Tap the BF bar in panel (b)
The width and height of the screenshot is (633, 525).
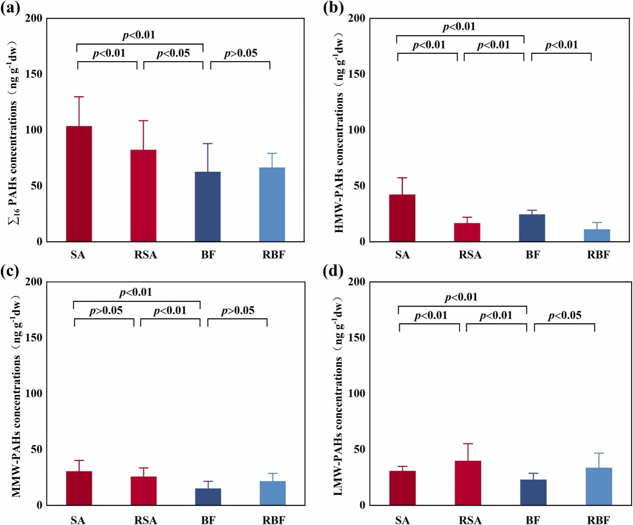(x=532, y=228)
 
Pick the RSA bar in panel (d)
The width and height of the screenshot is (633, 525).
(x=468, y=483)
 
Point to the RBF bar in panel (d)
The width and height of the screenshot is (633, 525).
(x=599, y=486)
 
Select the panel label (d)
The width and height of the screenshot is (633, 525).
(x=333, y=271)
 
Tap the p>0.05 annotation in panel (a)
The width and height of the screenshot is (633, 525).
(x=241, y=53)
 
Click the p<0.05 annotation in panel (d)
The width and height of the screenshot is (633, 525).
(x=565, y=315)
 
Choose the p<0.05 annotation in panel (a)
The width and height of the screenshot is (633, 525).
(x=173, y=53)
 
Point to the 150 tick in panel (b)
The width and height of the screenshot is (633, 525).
(x=356, y=74)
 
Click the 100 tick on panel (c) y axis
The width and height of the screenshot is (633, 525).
(x=34, y=393)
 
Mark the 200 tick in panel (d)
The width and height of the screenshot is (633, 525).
(x=356, y=282)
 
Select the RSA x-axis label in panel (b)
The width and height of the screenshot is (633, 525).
(x=470, y=255)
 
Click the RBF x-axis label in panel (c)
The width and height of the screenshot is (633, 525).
(x=274, y=520)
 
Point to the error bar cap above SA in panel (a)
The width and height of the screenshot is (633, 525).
(x=79, y=97)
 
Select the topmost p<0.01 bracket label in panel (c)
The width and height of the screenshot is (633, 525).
(x=136, y=292)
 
